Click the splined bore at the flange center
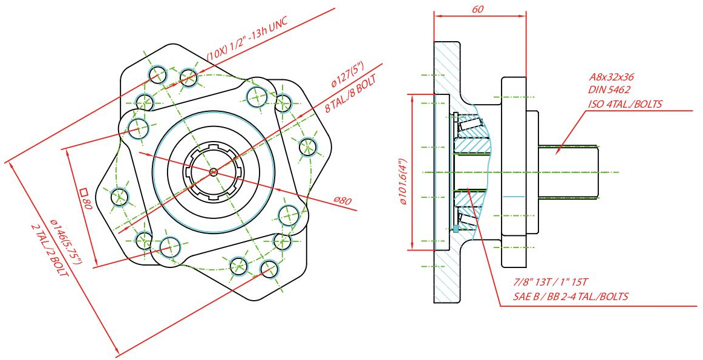pos(213,172)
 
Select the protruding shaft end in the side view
pos(569,172)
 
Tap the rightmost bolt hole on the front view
pos(308,146)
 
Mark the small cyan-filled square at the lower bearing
pos(456,229)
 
